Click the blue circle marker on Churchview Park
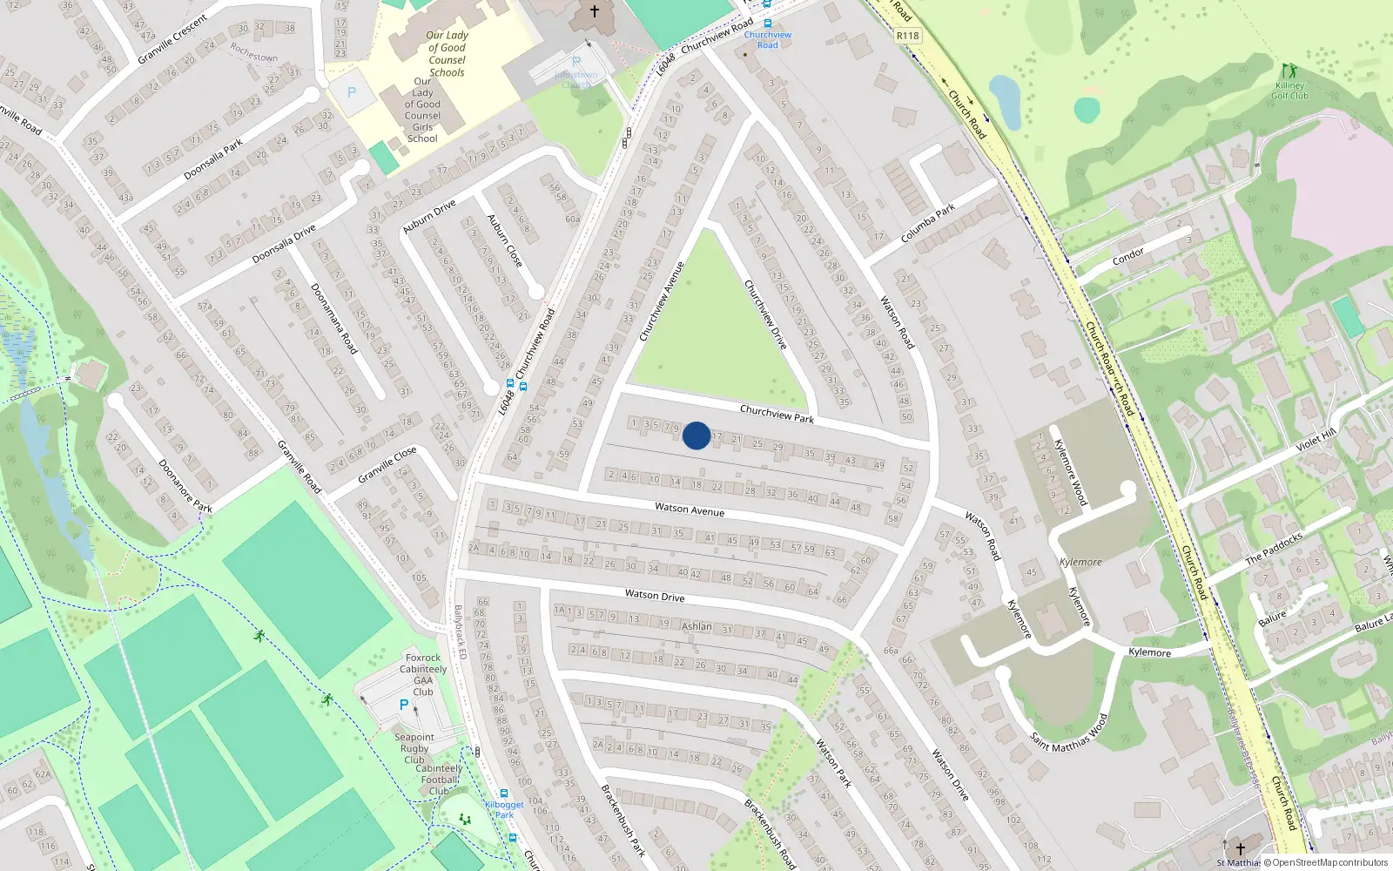[x=696, y=435]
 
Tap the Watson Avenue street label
[x=690, y=510]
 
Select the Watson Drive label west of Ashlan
[x=655, y=596]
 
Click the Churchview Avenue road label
[x=663, y=301]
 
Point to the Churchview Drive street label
[x=766, y=314]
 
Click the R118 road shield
[x=907, y=36]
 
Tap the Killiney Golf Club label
[x=1289, y=91]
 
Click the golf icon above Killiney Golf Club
[x=1289, y=71]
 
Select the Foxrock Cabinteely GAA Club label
[x=424, y=675]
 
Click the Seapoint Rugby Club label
[x=414, y=748]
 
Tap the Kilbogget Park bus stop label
[x=505, y=810]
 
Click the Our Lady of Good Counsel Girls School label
[x=422, y=110]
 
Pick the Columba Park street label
[x=928, y=224]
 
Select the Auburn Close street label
[x=505, y=240]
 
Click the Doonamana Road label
[x=334, y=319]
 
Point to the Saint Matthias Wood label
[x=1070, y=733]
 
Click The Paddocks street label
[x=1274, y=549]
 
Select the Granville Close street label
[x=387, y=465]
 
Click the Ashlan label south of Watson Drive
[x=696, y=626]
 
